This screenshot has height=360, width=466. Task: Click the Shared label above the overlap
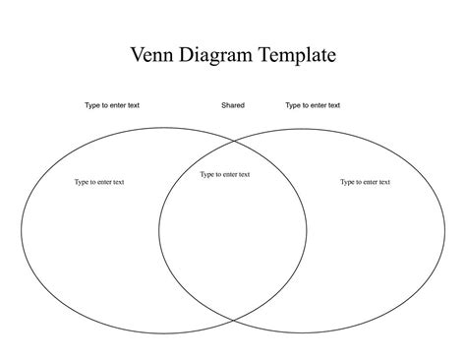233,105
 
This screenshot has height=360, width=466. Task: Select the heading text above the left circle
112,105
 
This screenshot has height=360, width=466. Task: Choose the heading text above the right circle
313,105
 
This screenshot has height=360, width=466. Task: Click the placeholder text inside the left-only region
99,181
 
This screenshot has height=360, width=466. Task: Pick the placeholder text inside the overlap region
225,174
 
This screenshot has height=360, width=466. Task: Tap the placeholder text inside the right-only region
365,181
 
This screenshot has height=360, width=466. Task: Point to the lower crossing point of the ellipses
233,320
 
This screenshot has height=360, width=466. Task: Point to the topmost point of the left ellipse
164,124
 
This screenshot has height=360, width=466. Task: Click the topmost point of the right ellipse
302,124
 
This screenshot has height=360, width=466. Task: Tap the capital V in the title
139,55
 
